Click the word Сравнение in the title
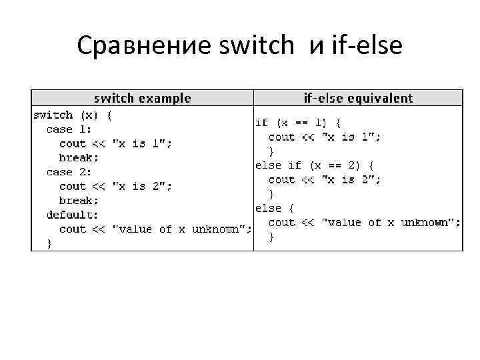pyautogui.click(x=143, y=46)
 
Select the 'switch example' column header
pyautogui.click(x=142, y=98)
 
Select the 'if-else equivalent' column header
pyautogui.click(x=358, y=98)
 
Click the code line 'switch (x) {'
pyautogui.click(x=73, y=115)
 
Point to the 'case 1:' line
pyautogui.click(x=69, y=129)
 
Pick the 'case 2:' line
pyautogui.click(x=69, y=172)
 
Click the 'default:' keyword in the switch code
pyautogui.click(x=72, y=215)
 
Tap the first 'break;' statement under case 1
pyautogui.click(x=79, y=158)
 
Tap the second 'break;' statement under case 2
pyautogui.click(x=79, y=201)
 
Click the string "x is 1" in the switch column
pyautogui.click(x=142, y=143)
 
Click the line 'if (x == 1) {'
pyautogui.click(x=299, y=123)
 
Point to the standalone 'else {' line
pyautogui.click(x=275, y=208)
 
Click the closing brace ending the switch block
pyautogui.click(x=49, y=243)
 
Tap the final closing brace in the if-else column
pyautogui.click(x=271, y=237)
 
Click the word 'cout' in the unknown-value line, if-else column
pyautogui.click(x=281, y=222)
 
